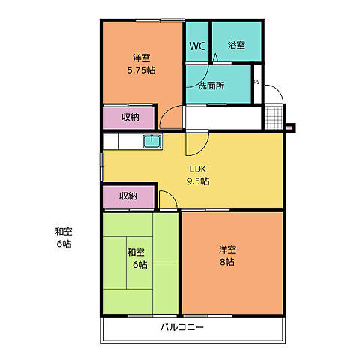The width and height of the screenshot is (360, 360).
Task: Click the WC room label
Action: click(197, 46)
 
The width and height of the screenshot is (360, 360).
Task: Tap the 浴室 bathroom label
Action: click(236, 46)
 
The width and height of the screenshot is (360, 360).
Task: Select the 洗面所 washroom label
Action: click(211, 85)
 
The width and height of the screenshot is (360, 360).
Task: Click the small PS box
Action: click(257, 82)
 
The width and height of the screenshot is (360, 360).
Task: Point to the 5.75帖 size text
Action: click(140, 70)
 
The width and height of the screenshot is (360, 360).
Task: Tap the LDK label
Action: click(197, 169)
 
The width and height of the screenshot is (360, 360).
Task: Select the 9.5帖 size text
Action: click(197, 181)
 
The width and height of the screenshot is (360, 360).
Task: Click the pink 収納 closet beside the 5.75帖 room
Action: click(129, 118)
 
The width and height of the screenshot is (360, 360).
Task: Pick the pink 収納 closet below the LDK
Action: click(129, 196)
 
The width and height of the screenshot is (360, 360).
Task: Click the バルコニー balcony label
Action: click(181, 328)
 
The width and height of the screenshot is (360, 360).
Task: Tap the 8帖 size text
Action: click(226, 262)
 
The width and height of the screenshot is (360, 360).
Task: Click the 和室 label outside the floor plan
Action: click(63, 232)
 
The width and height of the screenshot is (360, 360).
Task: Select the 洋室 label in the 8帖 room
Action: click(226, 249)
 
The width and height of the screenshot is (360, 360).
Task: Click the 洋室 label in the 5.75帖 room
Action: click(140, 57)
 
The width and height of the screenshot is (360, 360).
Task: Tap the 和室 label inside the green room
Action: click(135, 252)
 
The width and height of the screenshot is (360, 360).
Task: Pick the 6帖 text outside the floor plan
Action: click(63, 244)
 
